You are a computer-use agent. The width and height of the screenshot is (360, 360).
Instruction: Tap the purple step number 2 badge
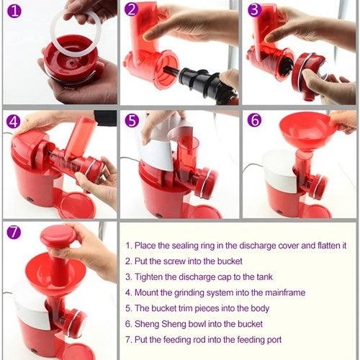click(x=131, y=10)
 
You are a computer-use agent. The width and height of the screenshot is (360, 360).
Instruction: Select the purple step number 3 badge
click(x=253, y=10)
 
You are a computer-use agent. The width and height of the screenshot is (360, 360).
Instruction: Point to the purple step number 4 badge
click(x=13, y=120)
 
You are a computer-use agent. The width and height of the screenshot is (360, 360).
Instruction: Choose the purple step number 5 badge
click(x=131, y=120)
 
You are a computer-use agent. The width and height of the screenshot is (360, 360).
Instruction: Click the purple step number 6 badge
click(x=253, y=120)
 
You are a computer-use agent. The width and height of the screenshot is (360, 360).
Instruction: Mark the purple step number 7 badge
click(x=13, y=233)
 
